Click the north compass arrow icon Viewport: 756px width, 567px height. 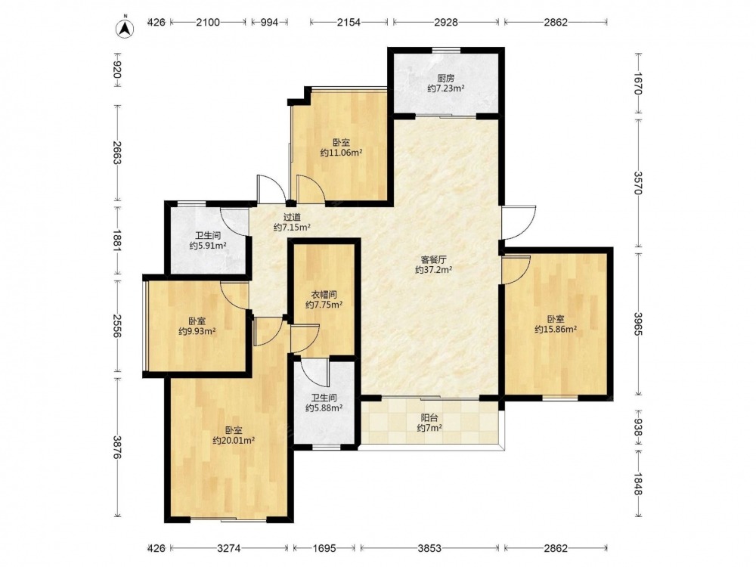[x=125, y=27]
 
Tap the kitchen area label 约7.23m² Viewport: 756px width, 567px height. [x=445, y=88]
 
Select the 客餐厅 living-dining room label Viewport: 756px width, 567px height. [x=433, y=259]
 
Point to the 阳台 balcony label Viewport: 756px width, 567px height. [x=429, y=417]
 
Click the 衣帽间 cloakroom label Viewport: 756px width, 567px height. [x=324, y=294]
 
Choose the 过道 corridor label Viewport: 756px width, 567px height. [x=292, y=217]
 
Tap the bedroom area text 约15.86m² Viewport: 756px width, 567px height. [x=556, y=330]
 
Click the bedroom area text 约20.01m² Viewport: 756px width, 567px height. [x=234, y=440]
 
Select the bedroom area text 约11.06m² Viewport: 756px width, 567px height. [x=342, y=153]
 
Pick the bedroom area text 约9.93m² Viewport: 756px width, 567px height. [x=197, y=331]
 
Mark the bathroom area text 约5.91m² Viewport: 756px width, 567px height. [x=208, y=246]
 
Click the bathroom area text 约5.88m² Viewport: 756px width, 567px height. [x=324, y=408]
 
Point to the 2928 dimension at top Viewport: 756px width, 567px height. [x=445, y=22]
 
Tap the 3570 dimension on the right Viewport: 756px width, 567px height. [x=637, y=183]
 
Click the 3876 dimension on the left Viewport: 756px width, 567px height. [x=117, y=448]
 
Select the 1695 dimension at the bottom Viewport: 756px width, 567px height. [x=324, y=548]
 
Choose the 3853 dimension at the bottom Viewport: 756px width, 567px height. [x=429, y=548]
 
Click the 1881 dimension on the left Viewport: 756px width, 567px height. [x=117, y=239]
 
